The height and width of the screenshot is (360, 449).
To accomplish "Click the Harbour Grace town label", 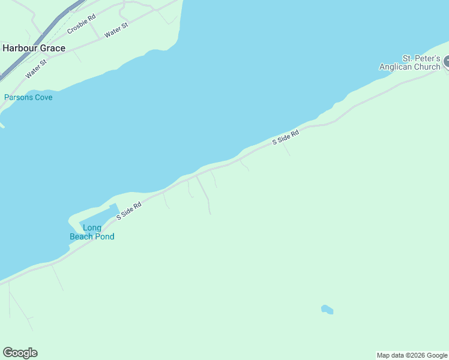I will click(34, 48).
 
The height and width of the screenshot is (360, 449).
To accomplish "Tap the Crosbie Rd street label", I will click(82, 24).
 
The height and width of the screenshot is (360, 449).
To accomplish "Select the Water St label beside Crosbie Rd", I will click(116, 31).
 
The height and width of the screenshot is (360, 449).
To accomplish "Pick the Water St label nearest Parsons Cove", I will click(36, 70).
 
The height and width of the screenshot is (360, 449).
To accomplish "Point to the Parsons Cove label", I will click(28, 97).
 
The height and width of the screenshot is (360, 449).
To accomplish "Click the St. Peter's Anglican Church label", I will click(410, 63).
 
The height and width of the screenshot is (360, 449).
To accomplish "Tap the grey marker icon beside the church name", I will click(446, 62).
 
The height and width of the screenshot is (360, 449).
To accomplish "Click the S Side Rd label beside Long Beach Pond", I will click(129, 211).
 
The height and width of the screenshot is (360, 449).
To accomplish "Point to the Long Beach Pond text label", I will click(92, 232).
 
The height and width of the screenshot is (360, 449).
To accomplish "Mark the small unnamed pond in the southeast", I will click(327, 310).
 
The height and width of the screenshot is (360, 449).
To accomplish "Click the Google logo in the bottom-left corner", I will click(20, 353).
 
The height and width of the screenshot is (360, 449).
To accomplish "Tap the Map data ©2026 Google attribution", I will click(412, 356).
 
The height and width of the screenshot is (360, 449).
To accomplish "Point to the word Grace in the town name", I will click(52, 48).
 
